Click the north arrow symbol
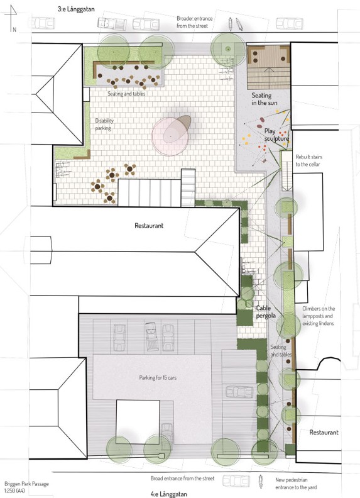(12, 18)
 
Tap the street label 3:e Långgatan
(76, 9)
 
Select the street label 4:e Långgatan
(169, 494)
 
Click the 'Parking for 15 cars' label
(158, 378)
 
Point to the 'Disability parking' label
(104, 124)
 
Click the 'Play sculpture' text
(276, 135)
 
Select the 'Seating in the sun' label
(265, 99)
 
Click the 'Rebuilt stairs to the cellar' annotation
(308, 161)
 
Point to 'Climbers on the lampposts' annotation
(319, 316)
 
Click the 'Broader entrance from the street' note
(194, 22)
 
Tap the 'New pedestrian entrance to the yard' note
(295, 484)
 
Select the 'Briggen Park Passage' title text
(26, 484)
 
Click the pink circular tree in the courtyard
(170, 136)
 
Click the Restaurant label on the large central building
(149, 226)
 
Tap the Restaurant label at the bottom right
(324, 432)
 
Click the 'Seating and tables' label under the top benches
(126, 94)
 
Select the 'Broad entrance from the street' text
(183, 479)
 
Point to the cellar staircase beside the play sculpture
(286, 171)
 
